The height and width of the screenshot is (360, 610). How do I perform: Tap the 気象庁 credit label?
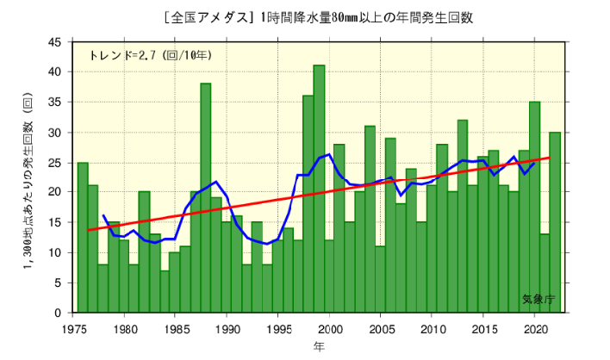pos(538,299)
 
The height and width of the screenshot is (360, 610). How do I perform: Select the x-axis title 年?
pos(318,347)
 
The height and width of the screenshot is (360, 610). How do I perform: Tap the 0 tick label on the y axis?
pos(58,313)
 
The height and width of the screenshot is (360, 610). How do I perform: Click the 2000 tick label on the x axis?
pos(329,328)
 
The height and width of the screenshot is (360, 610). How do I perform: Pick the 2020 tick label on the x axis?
pos(534,328)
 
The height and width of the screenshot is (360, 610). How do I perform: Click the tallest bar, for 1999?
pos(319,189)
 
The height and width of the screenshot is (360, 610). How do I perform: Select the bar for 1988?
pos(206,198)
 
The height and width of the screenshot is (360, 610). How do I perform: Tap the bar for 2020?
pos(534,208)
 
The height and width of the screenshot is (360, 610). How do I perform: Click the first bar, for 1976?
pos(83,238)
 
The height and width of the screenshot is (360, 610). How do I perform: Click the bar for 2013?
pos(463,216)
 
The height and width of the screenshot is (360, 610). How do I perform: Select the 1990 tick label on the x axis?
pos(227,328)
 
